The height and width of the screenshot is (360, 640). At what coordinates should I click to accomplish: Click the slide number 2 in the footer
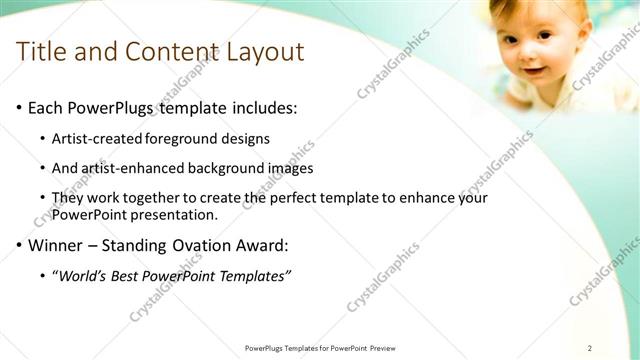[590, 347]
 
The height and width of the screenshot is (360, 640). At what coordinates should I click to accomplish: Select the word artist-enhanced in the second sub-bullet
[132, 168]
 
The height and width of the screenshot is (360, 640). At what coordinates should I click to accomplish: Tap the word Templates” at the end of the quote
[254, 275]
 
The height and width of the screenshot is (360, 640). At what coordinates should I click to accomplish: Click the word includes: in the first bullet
[262, 107]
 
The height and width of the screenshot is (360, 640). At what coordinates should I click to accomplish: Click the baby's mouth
[532, 71]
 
